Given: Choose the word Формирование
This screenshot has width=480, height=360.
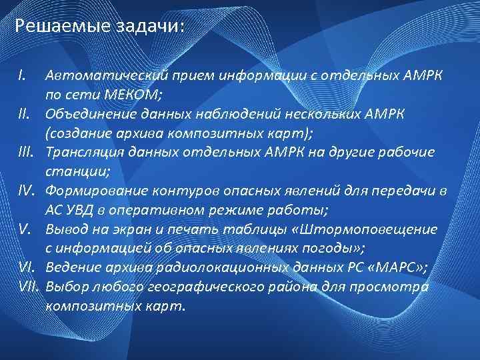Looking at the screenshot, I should (89, 191).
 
